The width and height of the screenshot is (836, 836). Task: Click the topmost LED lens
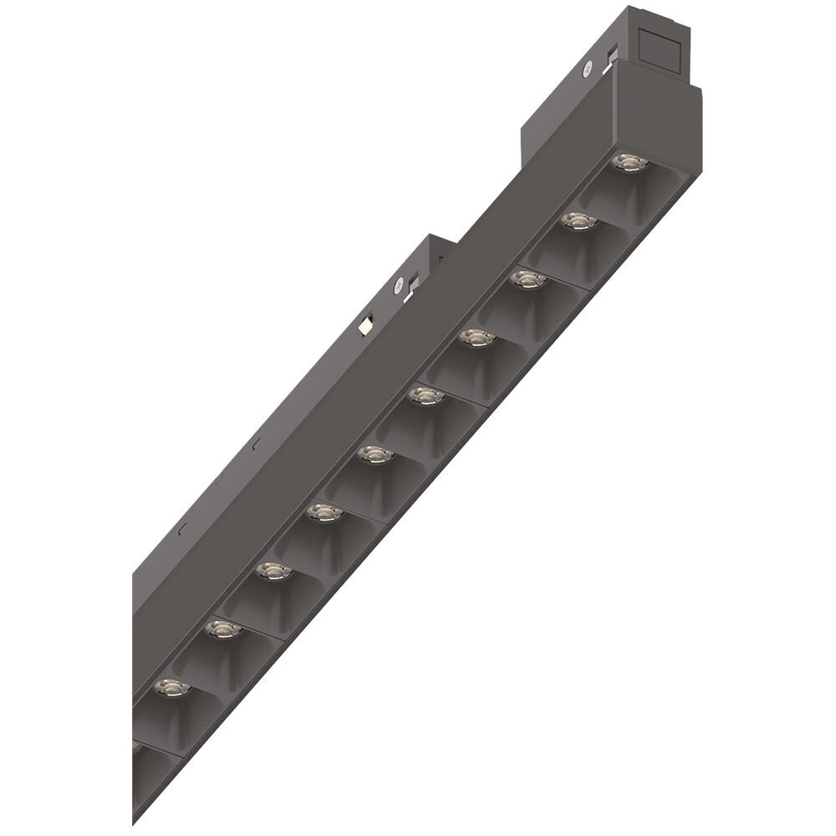pyautogui.click(x=630, y=162)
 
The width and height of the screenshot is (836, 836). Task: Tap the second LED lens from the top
pyautogui.click(x=579, y=222)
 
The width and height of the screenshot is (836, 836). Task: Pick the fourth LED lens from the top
pyautogui.click(x=477, y=338)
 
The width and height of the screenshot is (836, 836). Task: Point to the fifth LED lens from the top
pyautogui.click(x=426, y=396)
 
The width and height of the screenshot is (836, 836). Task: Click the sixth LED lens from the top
pyautogui.click(x=375, y=455)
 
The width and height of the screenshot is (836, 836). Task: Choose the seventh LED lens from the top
pyautogui.click(x=324, y=512)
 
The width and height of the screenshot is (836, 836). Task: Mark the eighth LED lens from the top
pyautogui.click(x=273, y=571)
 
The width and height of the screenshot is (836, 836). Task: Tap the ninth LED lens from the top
pyautogui.click(x=222, y=629)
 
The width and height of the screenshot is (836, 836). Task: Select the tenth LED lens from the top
pyautogui.click(x=171, y=688)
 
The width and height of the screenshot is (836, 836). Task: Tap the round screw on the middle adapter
pyautogui.click(x=400, y=284)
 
